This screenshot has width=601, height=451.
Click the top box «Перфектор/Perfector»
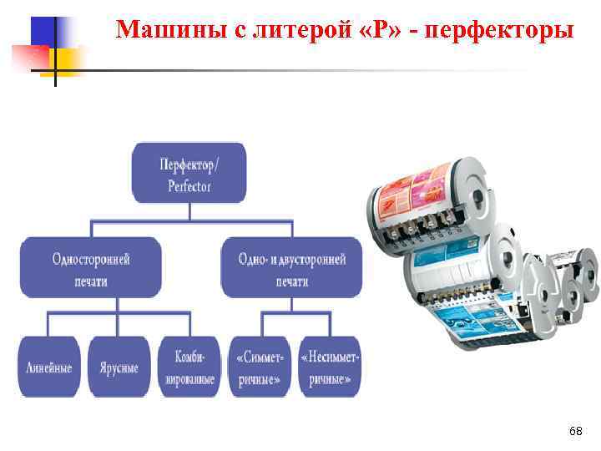(x=189, y=173)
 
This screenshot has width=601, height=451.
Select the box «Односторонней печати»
(x=91, y=267)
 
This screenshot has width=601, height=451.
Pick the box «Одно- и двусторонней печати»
(x=291, y=267)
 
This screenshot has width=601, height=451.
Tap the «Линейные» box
(x=48, y=367)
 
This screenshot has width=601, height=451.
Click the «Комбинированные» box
(x=189, y=367)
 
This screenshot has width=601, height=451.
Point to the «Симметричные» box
(x=261, y=367)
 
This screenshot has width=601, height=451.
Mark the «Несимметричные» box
(x=330, y=367)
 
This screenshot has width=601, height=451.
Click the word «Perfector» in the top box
(x=189, y=185)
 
